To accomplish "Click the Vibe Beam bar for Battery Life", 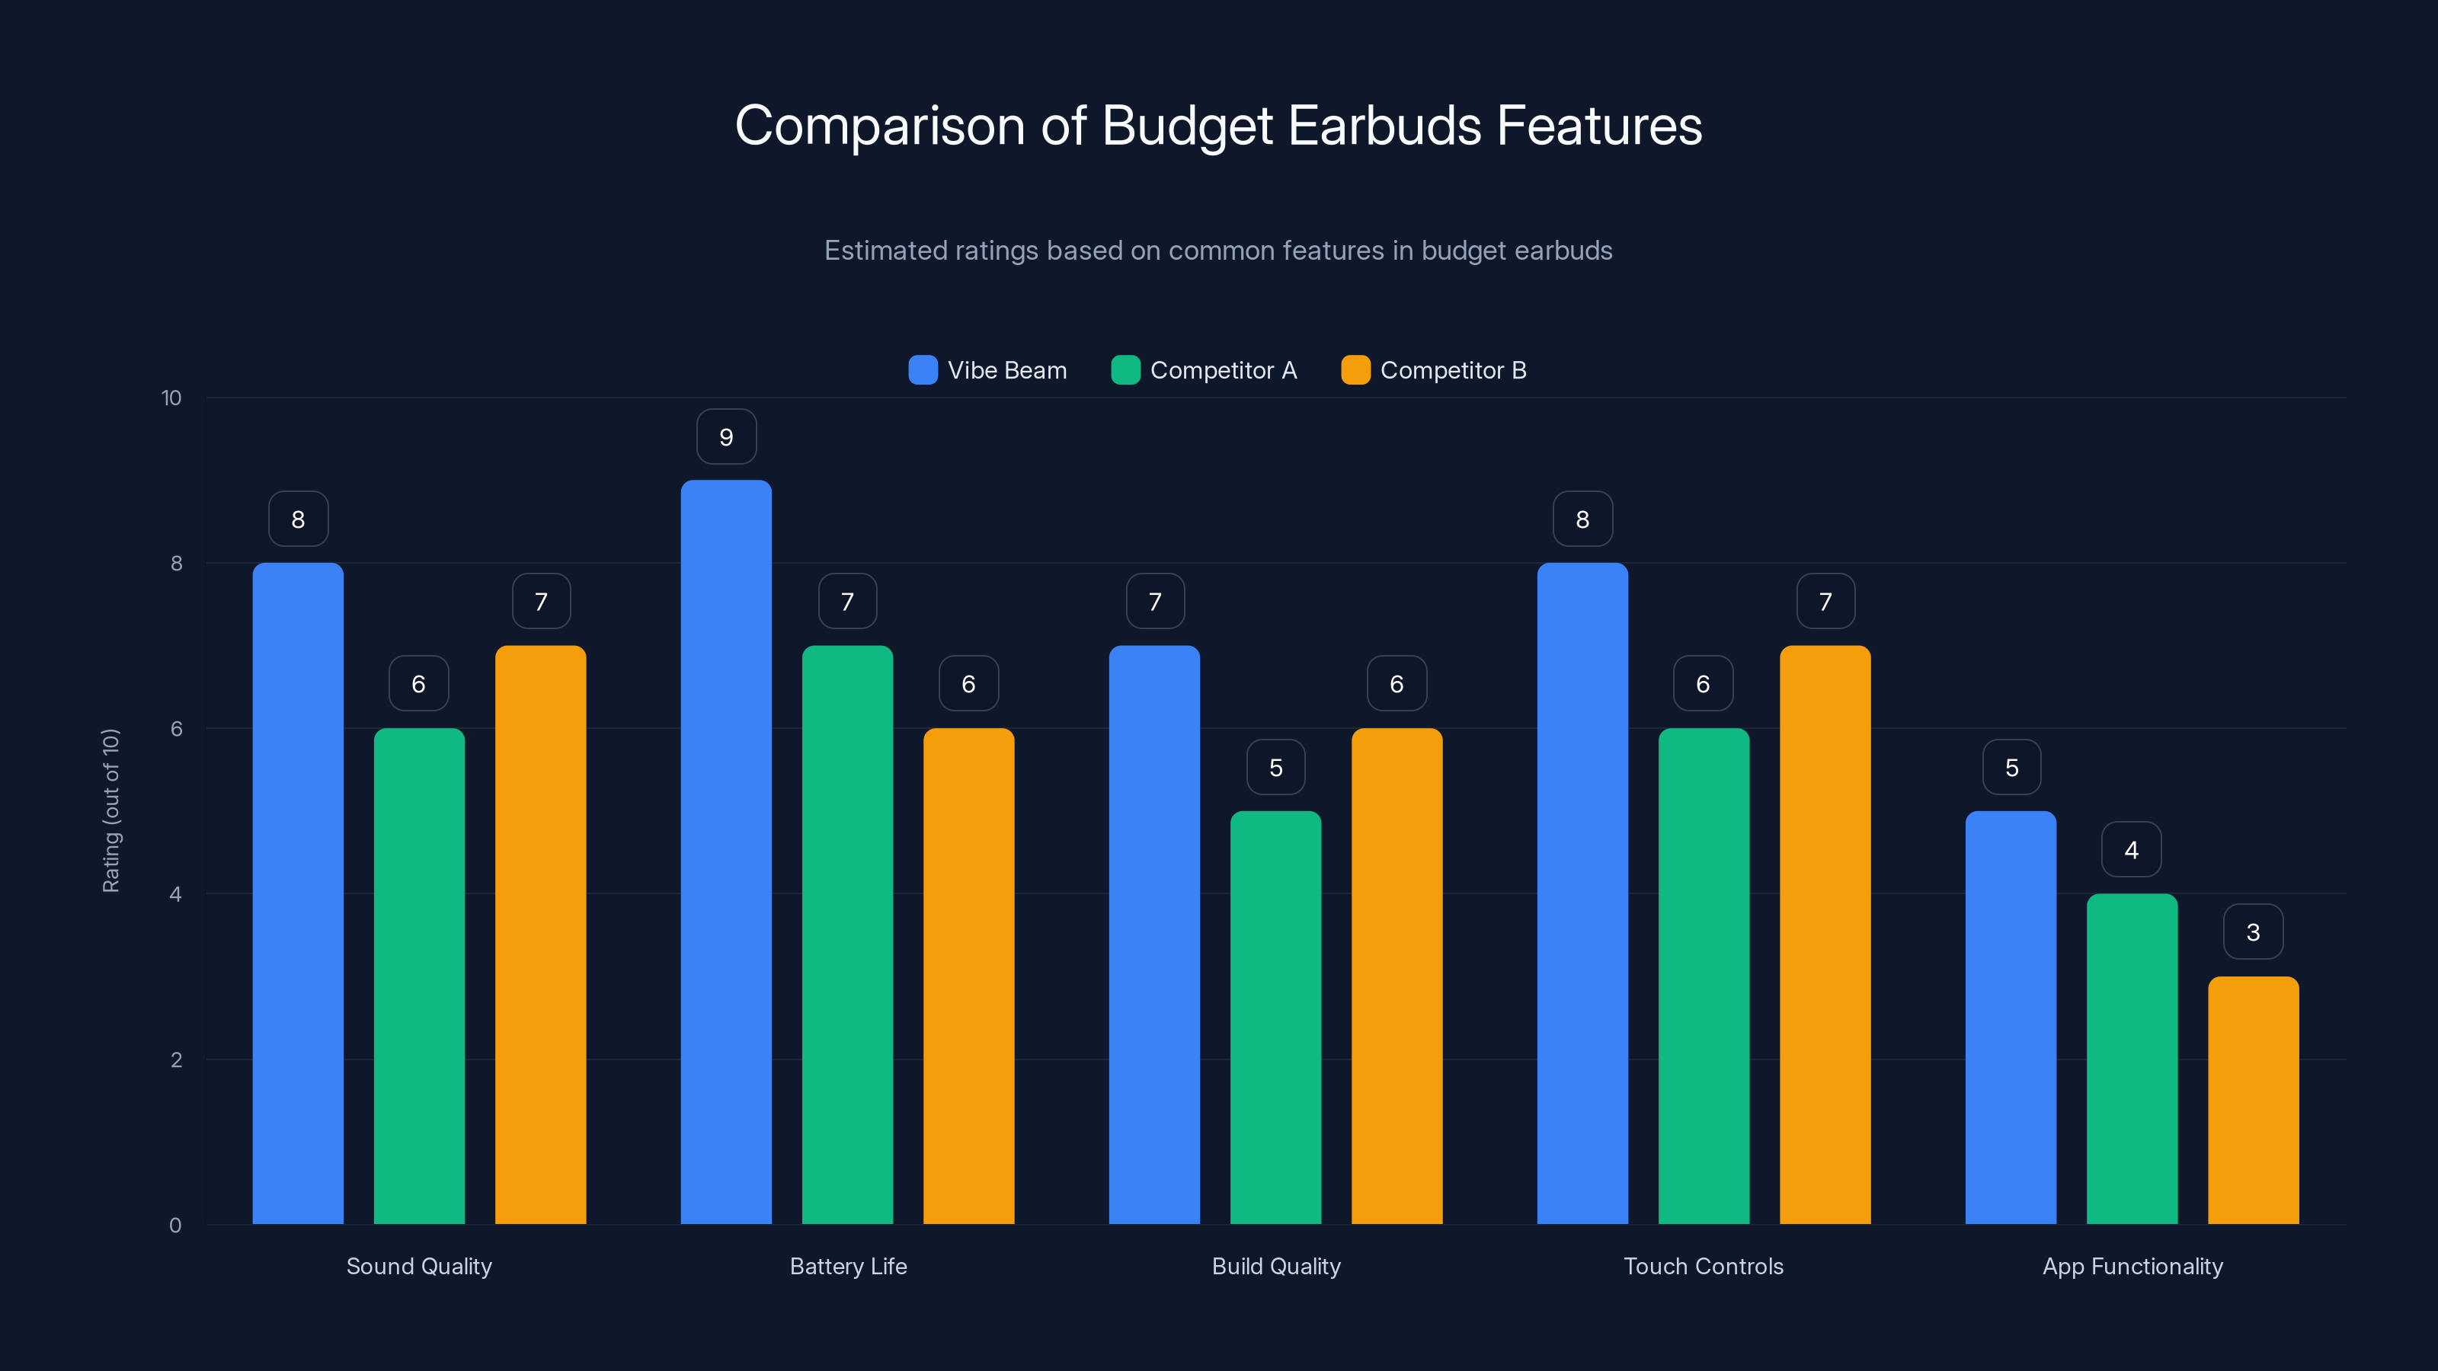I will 726,852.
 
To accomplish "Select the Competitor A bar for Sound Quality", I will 418,975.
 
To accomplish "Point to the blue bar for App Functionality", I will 2011,1017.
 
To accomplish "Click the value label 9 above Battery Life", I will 726,437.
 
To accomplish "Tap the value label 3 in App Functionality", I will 2253,932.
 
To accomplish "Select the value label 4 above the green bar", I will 2132,850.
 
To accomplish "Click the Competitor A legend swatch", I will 1125,370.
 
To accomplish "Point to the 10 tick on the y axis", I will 171,398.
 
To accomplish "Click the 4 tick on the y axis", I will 175,894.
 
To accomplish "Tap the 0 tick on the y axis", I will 175,1226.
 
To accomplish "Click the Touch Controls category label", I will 1703,1266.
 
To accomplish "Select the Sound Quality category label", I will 418,1266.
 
